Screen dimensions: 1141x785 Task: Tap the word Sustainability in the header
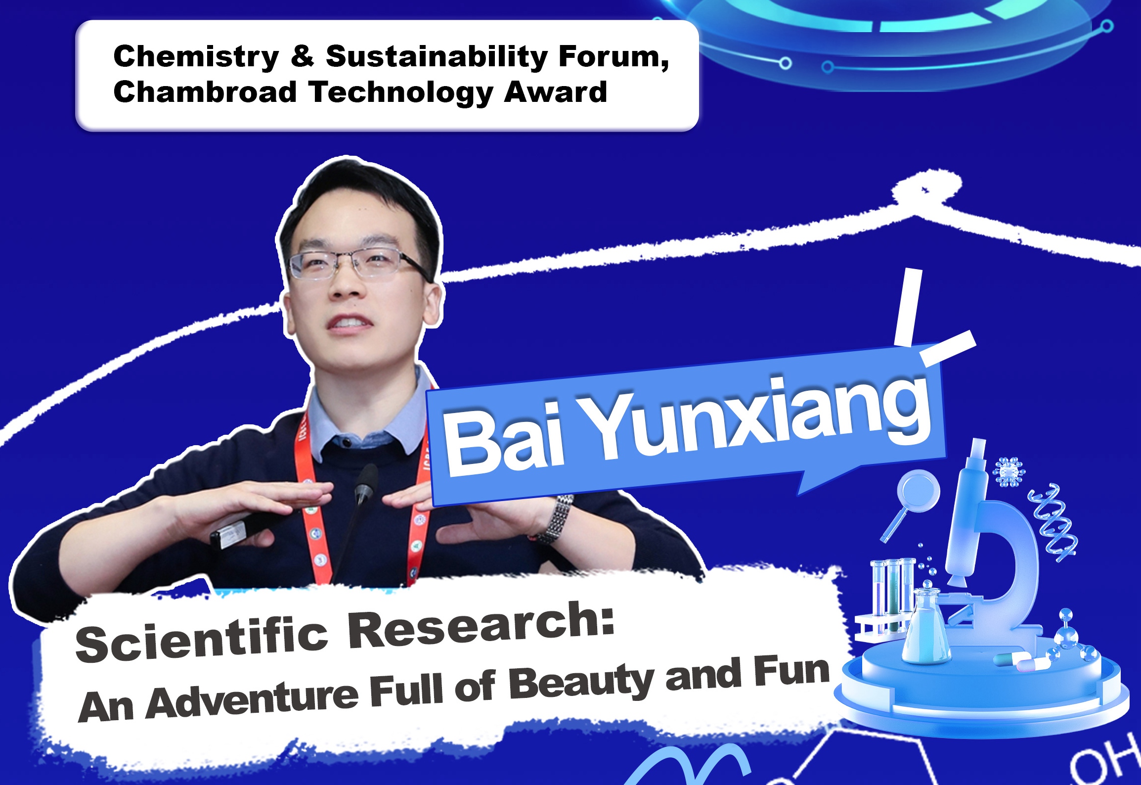pos(437,57)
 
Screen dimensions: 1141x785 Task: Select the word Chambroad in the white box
pos(205,92)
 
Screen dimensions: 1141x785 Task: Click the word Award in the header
pos(556,92)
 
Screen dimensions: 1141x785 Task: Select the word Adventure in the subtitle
pos(252,700)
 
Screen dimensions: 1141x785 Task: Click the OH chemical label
pos(1105,760)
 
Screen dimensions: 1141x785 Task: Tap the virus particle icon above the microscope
pos(1009,472)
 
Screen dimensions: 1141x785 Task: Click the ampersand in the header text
pos(303,57)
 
